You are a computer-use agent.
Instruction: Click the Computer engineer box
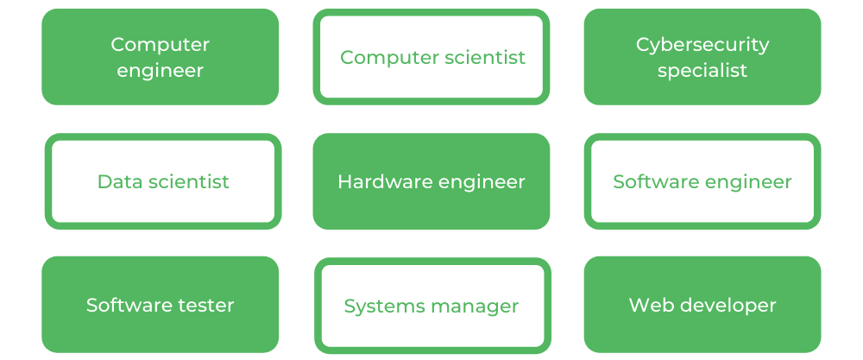160,57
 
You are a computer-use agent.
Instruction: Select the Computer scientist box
431,57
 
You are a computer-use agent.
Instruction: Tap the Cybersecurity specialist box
702,57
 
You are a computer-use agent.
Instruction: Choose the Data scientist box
163,181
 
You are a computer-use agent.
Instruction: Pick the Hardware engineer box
431,181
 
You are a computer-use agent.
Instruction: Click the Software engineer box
702,181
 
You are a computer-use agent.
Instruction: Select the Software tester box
160,305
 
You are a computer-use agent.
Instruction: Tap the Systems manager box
431,306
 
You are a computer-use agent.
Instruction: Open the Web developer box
702,305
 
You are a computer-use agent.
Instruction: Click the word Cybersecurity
702,44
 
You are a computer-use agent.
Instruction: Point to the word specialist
702,71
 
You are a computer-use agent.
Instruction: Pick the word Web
648,305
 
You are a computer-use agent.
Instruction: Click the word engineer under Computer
160,71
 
